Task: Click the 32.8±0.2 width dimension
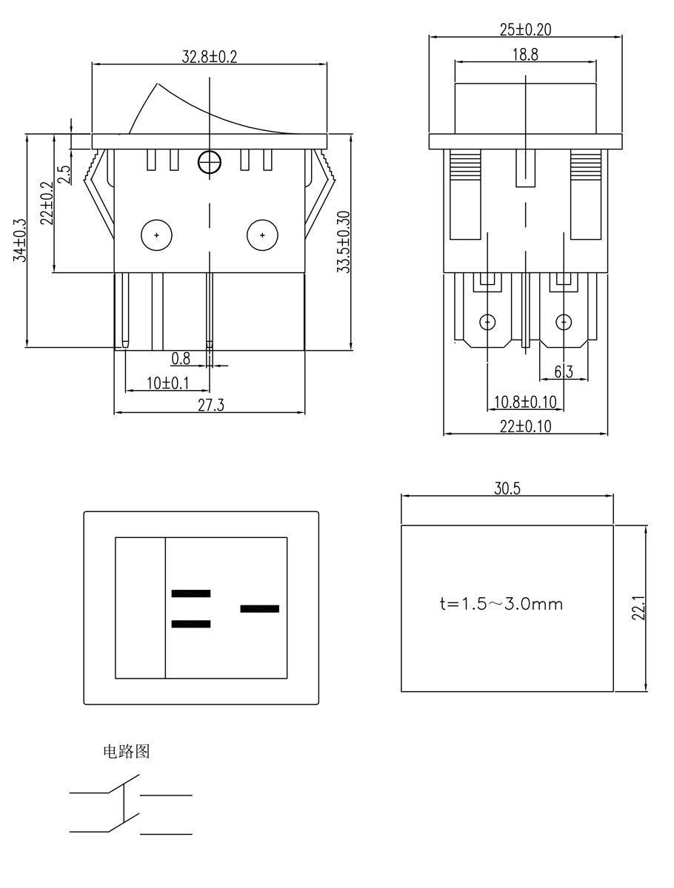point(210,57)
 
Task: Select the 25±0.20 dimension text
point(525,30)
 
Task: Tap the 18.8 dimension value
point(524,55)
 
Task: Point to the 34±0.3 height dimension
point(20,240)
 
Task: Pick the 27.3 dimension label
point(210,405)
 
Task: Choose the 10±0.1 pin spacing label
point(167,383)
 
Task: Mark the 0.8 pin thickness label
point(181,359)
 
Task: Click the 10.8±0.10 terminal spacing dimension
point(524,402)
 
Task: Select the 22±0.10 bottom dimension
point(525,426)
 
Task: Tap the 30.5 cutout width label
point(507,488)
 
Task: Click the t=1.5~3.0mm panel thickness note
point(501,604)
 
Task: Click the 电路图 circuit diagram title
point(126,752)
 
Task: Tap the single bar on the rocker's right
point(260,609)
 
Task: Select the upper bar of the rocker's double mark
point(191,593)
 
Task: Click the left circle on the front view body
point(156,235)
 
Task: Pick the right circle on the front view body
point(261,235)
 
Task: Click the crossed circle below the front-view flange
point(210,161)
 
